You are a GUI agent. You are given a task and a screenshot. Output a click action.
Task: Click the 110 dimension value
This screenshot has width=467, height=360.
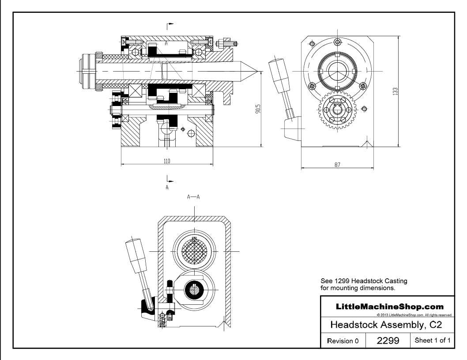[167, 161]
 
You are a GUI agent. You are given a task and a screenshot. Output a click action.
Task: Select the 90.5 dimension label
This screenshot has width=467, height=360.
[258, 109]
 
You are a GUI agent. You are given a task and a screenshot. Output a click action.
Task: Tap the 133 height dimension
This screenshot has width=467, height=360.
[395, 91]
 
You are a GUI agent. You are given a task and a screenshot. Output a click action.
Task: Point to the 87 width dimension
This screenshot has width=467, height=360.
[337, 164]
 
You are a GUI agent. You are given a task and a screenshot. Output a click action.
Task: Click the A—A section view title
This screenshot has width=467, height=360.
[193, 197]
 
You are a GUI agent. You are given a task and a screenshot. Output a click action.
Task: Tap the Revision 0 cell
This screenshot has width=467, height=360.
[343, 341]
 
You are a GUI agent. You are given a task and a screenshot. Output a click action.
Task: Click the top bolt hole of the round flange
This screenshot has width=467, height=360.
[338, 42]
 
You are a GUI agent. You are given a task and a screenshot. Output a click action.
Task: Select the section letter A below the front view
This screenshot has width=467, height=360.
[167, 187]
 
